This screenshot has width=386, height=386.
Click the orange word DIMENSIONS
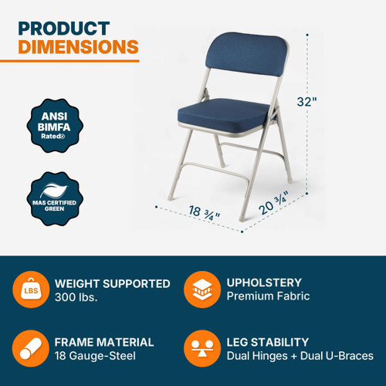point(78,47)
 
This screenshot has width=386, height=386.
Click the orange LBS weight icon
point(29,290)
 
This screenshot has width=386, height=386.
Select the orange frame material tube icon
point(29,348)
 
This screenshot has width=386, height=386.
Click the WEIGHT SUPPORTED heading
point(112,283)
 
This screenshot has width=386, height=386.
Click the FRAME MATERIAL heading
point(104,341)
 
